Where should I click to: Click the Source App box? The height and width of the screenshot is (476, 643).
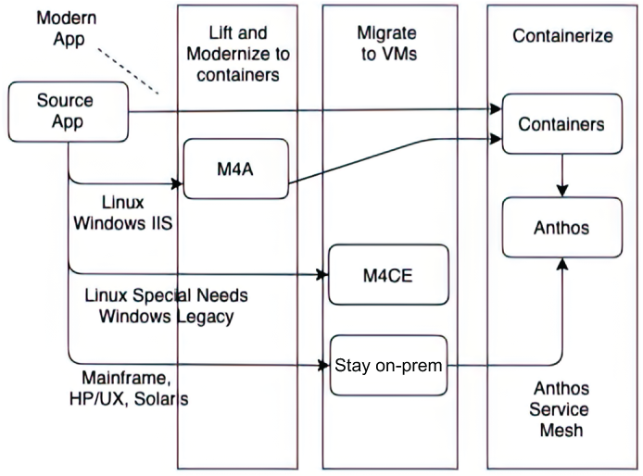[68, 112]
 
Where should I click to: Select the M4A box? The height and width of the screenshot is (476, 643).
[235, 169]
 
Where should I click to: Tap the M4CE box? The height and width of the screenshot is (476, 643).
[388, 275]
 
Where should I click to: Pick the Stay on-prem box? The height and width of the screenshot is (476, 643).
[388, 365]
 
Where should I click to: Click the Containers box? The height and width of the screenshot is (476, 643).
[562, 124]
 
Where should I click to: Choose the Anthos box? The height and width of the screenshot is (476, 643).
[562, 228]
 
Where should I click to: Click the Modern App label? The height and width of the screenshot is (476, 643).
[67, 29]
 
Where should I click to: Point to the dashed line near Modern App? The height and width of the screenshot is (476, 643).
[128, 71]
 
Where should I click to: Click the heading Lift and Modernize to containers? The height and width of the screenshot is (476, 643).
[238, 54]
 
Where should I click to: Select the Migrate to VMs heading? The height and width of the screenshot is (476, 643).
[388, 43]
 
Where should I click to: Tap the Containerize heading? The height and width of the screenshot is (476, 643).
[562, 36]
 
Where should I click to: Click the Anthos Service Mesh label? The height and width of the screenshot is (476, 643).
[561, 409]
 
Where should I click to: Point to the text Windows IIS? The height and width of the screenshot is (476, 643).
[123, 223]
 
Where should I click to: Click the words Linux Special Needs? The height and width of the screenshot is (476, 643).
[166, 295]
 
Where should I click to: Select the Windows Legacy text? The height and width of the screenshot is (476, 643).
[166, 317]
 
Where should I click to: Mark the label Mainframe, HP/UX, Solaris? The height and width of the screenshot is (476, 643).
[129, 388]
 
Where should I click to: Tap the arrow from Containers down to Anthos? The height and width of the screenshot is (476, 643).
[562, 175]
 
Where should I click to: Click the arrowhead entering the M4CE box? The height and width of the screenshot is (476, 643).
[322, 275]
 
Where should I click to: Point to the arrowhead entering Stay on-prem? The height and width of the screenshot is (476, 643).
[324, 365]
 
